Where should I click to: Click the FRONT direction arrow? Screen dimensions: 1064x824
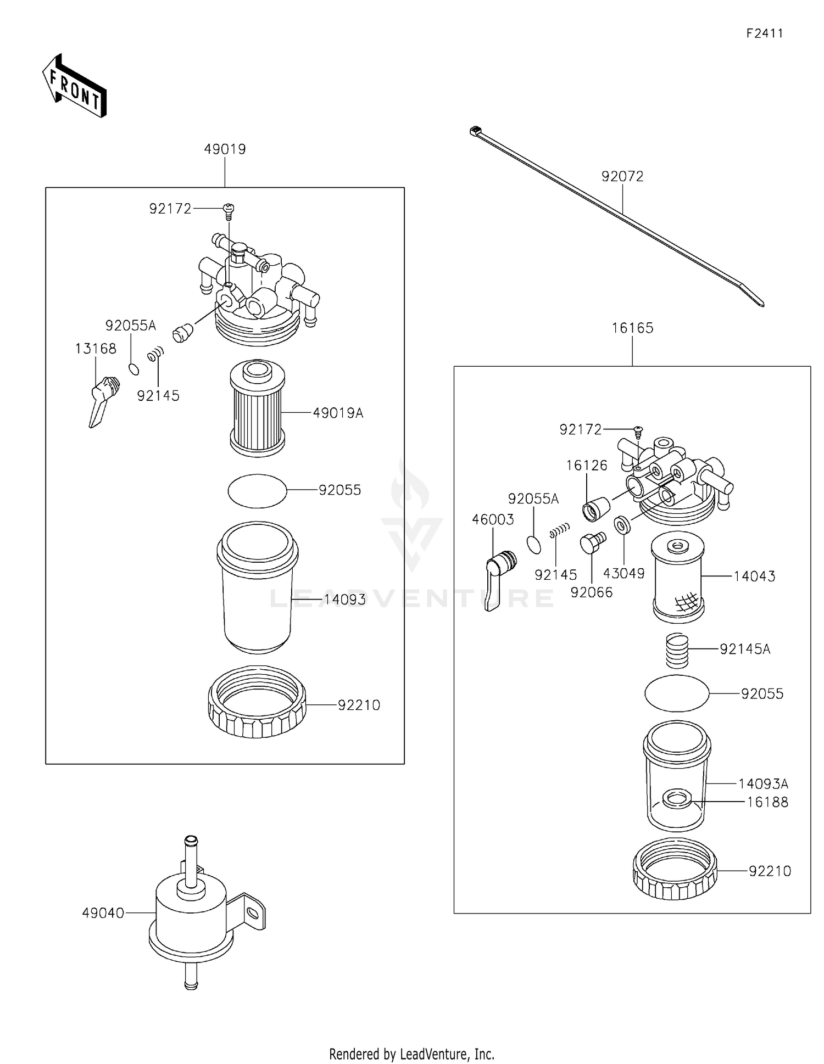pyautogui.click(x=74, y=87)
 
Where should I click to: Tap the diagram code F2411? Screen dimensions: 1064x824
pyautogui.click(x=764, y=33)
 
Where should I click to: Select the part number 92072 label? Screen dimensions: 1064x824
pyautogui.click(x=622, y=176)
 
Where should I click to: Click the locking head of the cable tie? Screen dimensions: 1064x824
pyautogui.click(x=475, y=131)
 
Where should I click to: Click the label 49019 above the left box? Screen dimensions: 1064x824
pyautogui.click(x=225, y=149)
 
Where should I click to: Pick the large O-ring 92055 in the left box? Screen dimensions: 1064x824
pyautogui.click(x=257, y=490)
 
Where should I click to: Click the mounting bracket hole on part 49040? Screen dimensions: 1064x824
pyautogui.click(x=252, y=913)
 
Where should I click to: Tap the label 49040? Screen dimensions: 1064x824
pyautogui.click(x=103, y=913)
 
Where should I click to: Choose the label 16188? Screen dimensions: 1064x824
pyautogui.click(x=767, y=802)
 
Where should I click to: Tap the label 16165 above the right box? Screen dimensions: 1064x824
pyautogui.click(x=632, y=328)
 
